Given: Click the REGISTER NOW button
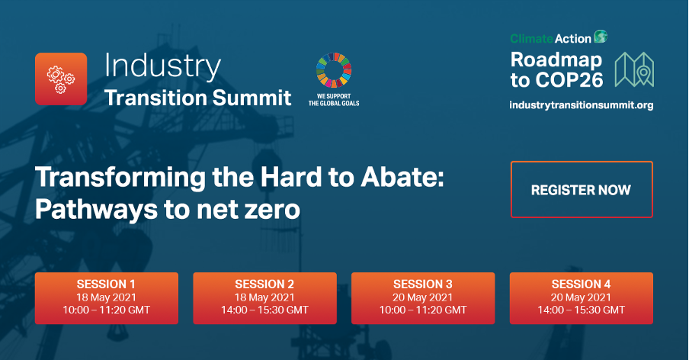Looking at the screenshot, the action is click(x=582, y=189).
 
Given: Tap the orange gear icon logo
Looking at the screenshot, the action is click(x=61, y=79).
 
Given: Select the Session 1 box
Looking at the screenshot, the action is click(x=107, y=298).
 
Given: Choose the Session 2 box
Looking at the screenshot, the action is click(x=264, y=298).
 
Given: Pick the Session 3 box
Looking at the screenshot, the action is click(x=423, y=298).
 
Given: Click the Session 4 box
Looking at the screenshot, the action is click(x=581, y=298).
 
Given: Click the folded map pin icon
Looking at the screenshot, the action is click(x=634, y=69).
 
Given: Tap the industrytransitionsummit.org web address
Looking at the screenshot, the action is click(x=581, y=105).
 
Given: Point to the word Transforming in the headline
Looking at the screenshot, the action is click(x=120, y=178).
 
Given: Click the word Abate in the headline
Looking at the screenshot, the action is click(x=402, y=177).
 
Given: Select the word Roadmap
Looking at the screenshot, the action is click(x=556, y=59).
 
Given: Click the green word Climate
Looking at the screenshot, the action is click(x=531, y=39).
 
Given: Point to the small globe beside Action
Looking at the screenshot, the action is click(x=601, y=37).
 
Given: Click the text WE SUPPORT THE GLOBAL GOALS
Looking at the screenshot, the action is click(x=334, y=100).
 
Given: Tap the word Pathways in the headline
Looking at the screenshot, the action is click(x=96, y=210).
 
